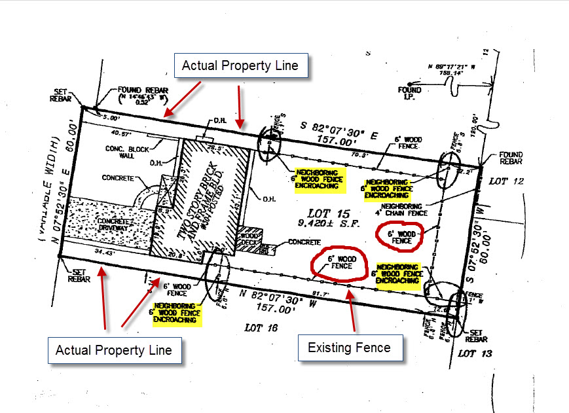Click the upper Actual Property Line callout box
click(x=240, y=65)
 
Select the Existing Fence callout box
click(x=349, y=347)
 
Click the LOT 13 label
click(x=475, y=353)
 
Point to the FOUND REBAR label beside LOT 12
click(x=510, y=159)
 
